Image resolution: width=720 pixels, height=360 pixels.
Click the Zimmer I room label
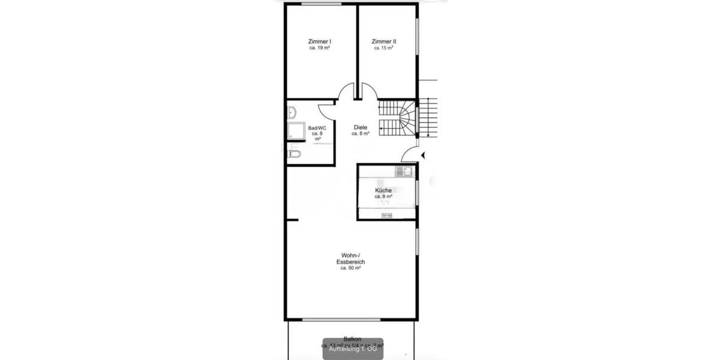(320, 41)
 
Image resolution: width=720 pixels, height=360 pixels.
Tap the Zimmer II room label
(383, 41)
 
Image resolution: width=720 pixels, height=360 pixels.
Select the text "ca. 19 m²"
(320, 48)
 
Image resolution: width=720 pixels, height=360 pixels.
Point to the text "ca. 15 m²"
(383, 48)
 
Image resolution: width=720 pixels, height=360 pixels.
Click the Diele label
(361, 127)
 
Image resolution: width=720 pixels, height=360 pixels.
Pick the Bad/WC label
(317, 128)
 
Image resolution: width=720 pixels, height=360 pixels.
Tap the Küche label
(383, 190)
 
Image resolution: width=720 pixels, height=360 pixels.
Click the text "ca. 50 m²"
(351, 268)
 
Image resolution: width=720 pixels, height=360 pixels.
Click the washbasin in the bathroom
(292, 112)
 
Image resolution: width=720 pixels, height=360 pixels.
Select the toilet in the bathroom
(293, 154)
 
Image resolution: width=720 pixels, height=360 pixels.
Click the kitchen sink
(404, 172)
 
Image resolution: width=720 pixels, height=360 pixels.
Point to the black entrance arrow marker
(424, 155)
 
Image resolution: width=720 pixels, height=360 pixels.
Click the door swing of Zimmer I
(346, 93)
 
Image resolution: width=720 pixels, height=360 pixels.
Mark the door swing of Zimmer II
(370, 93)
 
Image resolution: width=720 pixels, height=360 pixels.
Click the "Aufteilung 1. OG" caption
(353, 349)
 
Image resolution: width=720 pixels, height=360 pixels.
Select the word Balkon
(352, 339)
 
